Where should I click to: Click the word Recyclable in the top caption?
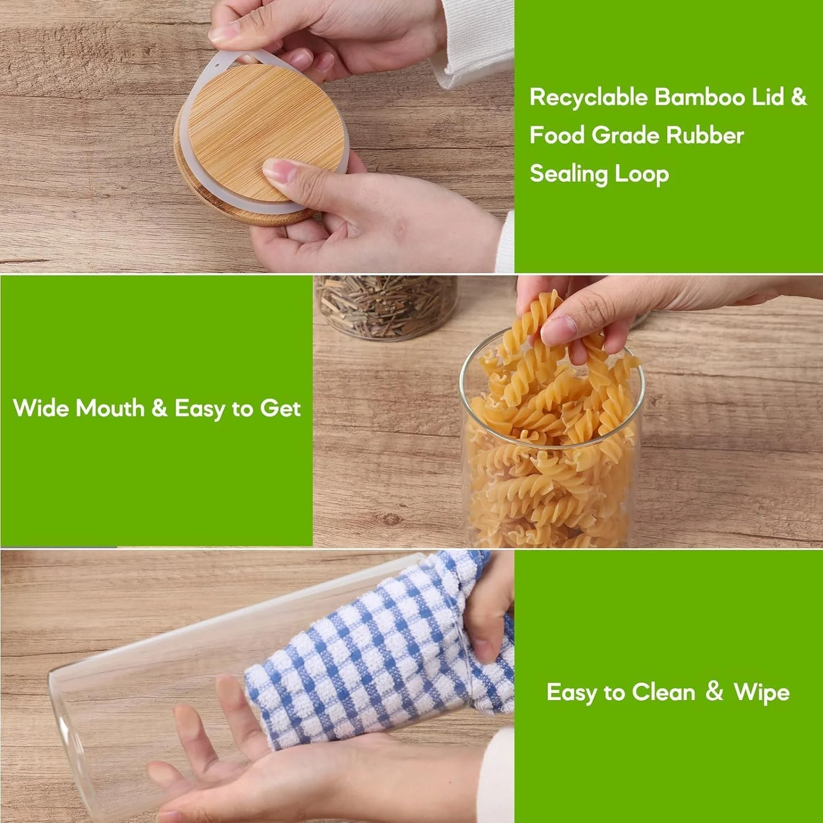click(589, 98)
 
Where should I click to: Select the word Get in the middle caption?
click(280, 409)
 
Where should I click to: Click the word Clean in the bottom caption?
click(663, 692)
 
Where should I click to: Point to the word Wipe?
click(762, 692)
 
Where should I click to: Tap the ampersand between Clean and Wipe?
click(714, 691)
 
